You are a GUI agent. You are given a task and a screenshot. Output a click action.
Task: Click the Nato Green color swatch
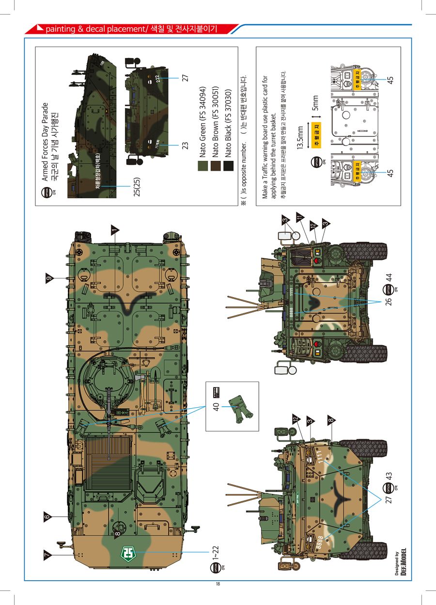pyautogui.click(x=202, y=166)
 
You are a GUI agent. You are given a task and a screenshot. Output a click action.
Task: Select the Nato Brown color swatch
pyautogui.click(x=215, y=166)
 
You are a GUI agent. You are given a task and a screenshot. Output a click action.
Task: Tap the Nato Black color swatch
pyautogui.click(x=228, y=166)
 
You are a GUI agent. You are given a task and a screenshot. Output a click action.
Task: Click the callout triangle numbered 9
pyautogui.click(x=48, y=278)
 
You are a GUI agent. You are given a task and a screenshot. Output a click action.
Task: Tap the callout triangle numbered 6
pyautogui.click(x=47, y=517)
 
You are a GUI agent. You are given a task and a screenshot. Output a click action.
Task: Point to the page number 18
pyautogui.click(x=218, y=584)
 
